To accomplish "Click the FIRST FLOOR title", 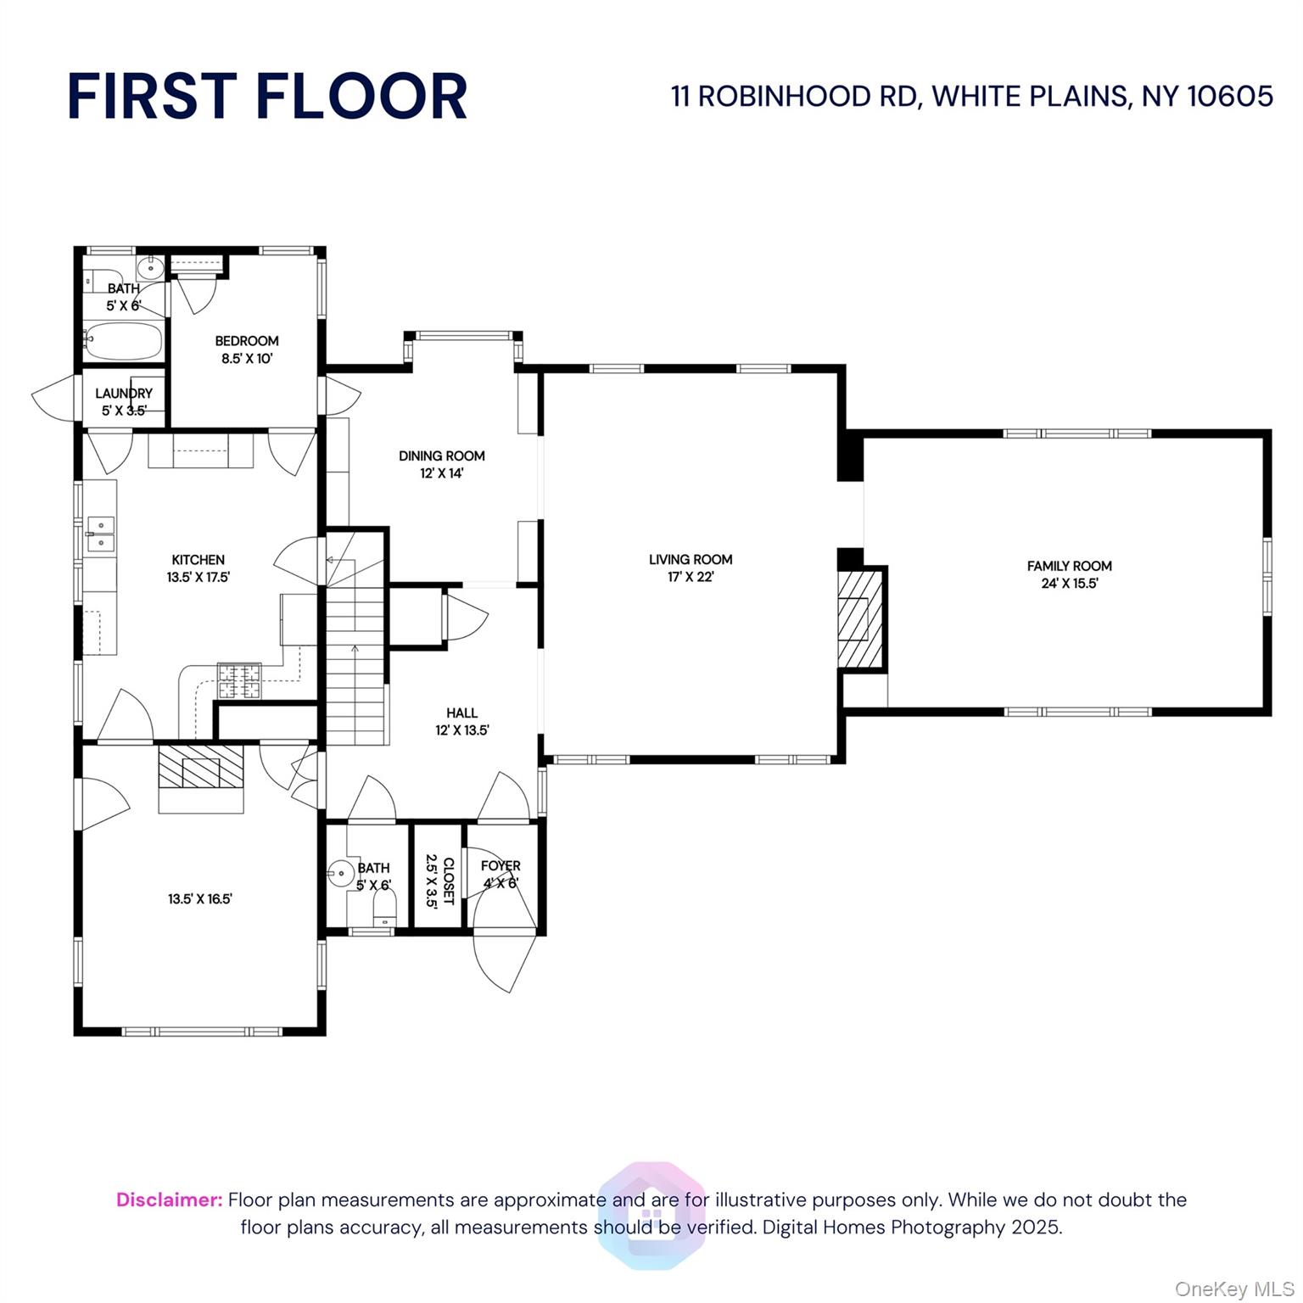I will click(267, 95).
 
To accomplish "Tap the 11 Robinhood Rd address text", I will click(971, 96).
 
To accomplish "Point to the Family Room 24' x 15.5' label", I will click(1069, 574).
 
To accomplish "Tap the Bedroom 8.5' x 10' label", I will click(246, 350).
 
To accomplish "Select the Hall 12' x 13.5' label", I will click(461, 721).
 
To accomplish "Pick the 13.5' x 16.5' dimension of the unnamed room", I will click(200, 899).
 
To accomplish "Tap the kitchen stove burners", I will click(239, 680).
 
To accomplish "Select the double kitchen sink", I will click(100, 533).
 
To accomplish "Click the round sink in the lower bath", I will click(341, 872).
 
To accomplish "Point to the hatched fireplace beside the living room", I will click(860, 618).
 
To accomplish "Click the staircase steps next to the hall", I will click(355, 670).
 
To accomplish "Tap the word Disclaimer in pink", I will click(169, 1200).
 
